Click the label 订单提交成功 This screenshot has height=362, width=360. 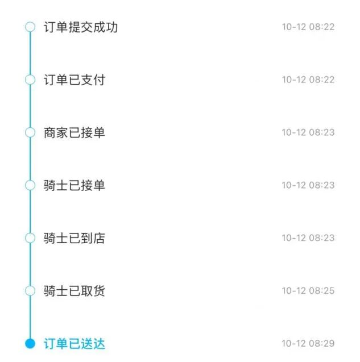(x=81, y=27)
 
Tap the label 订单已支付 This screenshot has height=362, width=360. (x=75, y=80)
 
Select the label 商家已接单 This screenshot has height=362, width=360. (x=75, y=133)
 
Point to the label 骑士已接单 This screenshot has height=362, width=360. (x=75, y=185)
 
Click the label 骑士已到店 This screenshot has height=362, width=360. (x=75, y=238)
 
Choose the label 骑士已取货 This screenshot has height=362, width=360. (x=75, y=291)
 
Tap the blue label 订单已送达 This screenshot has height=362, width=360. (x=75, y=344)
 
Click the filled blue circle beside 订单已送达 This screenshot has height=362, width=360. (x=30, y=343)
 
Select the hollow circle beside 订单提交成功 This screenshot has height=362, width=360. (x=30, y=27)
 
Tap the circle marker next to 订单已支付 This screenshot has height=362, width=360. (x=30, y=80)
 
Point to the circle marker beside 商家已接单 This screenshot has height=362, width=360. (x=30, y=132)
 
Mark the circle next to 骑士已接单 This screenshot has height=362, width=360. (x=30, y=185)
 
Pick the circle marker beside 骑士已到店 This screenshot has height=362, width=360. (x=30, y=238)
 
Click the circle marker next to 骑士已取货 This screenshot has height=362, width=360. (x=30, y=290)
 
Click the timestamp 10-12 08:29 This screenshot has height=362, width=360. (x=308, y=343)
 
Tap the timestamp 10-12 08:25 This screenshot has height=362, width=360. (x=308, y=290)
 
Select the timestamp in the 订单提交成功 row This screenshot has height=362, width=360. (x=308, y=27)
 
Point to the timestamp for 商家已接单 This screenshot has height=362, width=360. (x=308, y=132)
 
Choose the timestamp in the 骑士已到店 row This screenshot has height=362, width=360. (x=308, y=238)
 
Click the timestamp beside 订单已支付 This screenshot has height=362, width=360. (x=308, y=80)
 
